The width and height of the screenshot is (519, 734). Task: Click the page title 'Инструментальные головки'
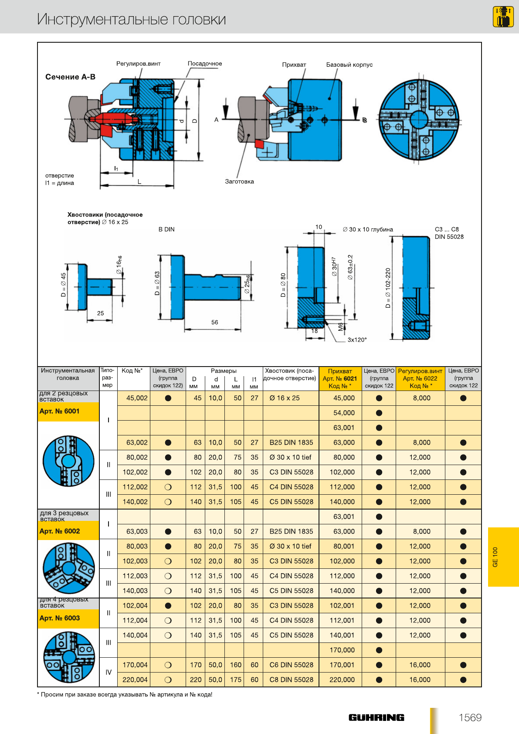tap(131, 19)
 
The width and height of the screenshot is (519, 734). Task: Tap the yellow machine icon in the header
tap(503, 17)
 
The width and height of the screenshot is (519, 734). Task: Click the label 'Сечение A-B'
tap(70, 77)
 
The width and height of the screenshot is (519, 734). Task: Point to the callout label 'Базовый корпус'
tap(349, 65)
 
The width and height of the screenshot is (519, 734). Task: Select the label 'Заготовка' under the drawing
tap(239, 182)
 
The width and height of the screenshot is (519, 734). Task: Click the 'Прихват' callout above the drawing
tap(294, 65)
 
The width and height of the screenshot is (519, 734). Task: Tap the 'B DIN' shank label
tap(166, 229)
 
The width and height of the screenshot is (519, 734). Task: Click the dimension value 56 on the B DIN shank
tap(214, 323)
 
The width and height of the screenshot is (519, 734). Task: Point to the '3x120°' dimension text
tap(357, 340)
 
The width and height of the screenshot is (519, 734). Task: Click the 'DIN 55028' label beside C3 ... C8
tap(449, 237)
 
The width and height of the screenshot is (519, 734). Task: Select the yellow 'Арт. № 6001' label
tap(60, 411)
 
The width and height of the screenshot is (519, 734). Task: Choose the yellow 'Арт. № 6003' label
tap(60, 618)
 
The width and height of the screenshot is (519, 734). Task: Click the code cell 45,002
tap(137, 398)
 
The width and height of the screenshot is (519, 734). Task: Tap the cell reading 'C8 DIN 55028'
tap(291, 680)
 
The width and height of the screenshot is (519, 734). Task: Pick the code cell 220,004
tap(135, 680)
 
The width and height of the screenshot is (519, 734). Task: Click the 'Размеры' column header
tap(224, 371)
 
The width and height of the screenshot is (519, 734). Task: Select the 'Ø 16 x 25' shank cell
tap(284, 398)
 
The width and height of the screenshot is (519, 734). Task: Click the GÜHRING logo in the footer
tap(376, 717)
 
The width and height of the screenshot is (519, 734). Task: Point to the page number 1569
tap(470, 717)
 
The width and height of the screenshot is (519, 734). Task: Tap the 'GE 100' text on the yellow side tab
tap(495, 557)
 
